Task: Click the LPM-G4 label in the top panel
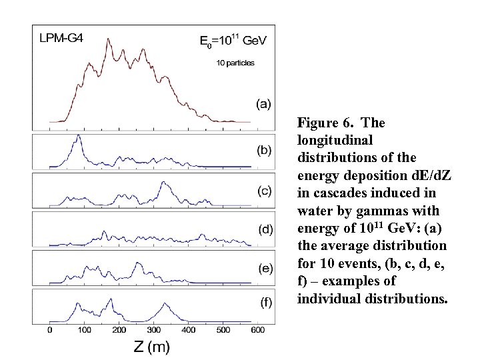61,39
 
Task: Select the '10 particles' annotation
235,63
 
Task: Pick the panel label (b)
265,150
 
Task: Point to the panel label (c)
265,190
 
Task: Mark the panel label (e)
265,268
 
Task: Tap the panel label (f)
265,303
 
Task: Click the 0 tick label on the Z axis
50,330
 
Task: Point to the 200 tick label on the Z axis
119,330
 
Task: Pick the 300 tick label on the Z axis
154,330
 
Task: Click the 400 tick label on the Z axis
189,330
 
